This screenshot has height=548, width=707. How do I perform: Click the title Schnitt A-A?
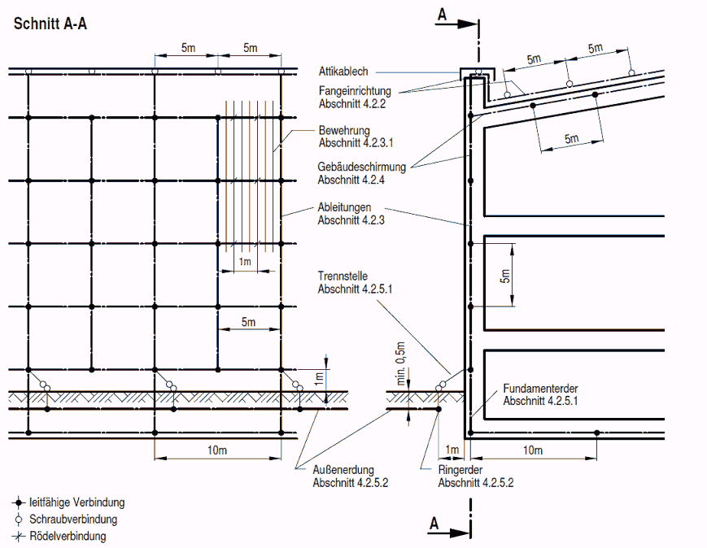click(50, 24)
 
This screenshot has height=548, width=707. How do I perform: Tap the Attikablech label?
click(344, 72)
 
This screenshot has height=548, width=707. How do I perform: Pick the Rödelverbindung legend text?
click(68, 536)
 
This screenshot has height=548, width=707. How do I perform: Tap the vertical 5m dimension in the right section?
click(505, 276)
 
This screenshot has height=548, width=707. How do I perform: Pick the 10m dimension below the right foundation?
click(533, 450)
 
